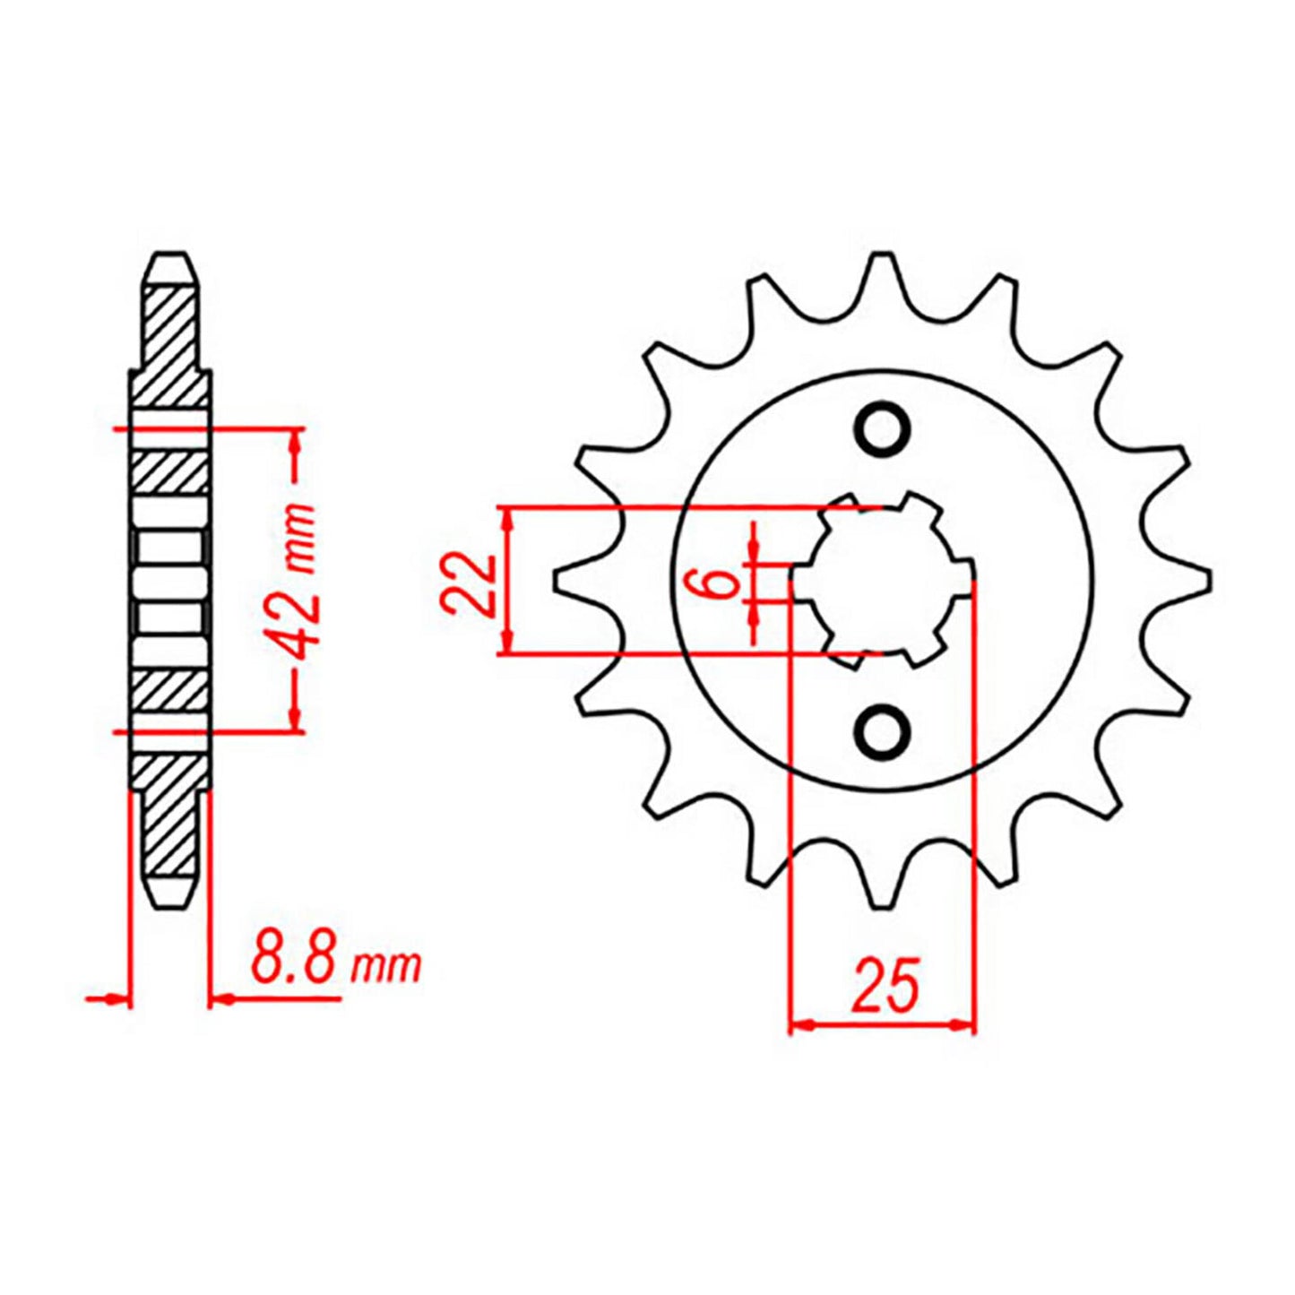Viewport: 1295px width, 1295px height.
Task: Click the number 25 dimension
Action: pos(885,986)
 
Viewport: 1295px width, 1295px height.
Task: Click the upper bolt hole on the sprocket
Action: pos(883,427)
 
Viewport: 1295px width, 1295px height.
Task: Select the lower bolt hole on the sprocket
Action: pos(883,731)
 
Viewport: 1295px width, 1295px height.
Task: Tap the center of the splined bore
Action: pos(883,581)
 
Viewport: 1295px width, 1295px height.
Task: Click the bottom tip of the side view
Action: pos(171,903)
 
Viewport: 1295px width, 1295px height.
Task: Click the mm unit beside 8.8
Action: pos(386,966)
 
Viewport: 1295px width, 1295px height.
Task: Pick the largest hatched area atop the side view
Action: pos(170,345)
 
